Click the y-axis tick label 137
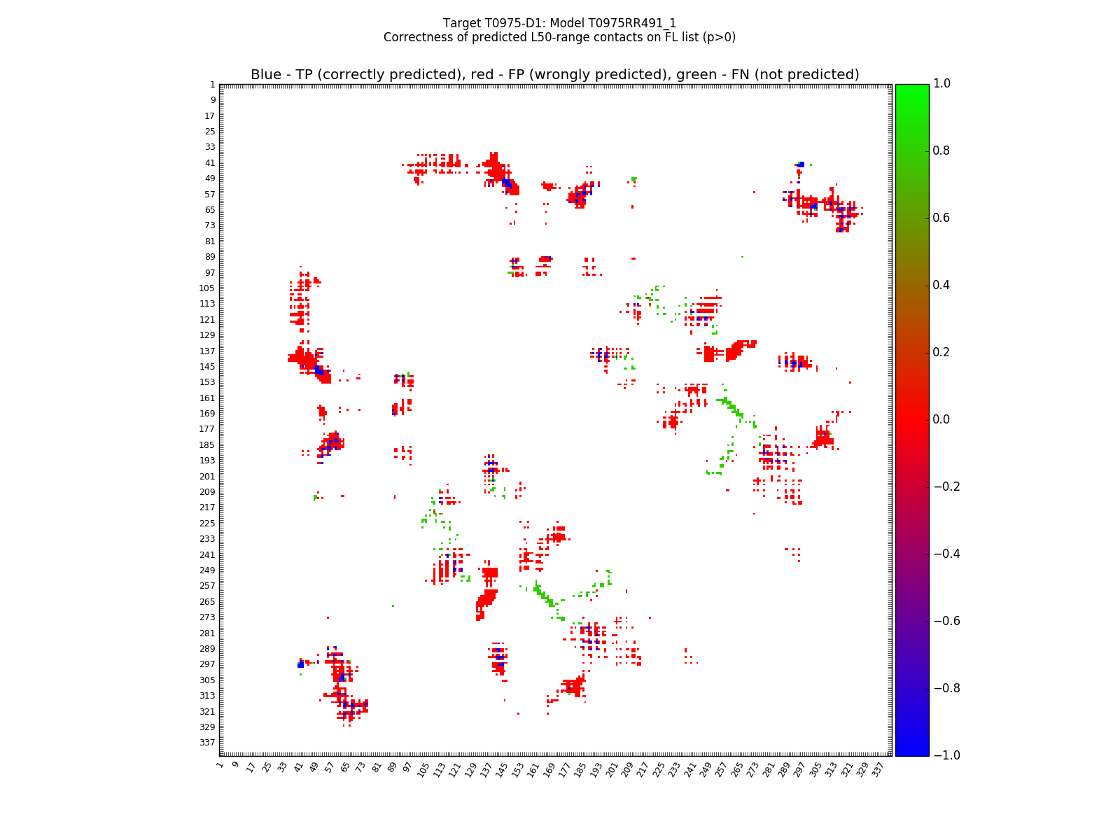208,351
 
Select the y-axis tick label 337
208,743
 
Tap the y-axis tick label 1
212,85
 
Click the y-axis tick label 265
208,602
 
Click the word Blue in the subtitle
265,75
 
